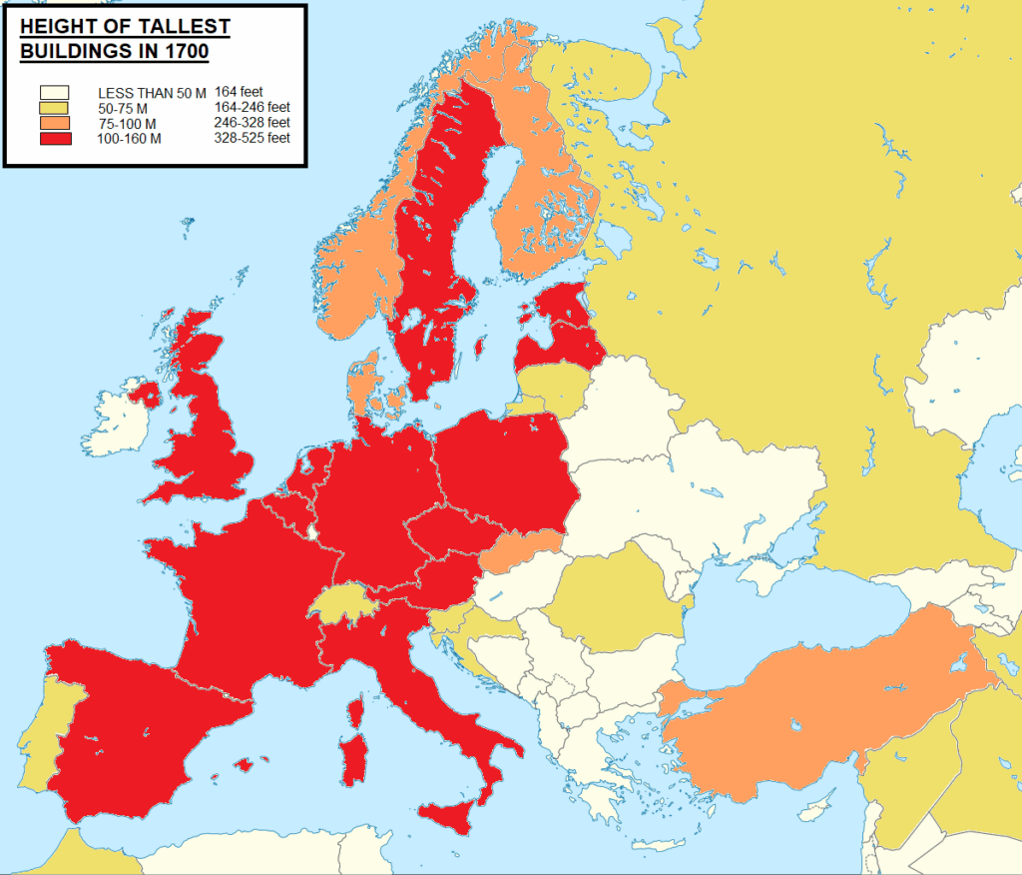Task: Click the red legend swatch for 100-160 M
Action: (x=54, y=139)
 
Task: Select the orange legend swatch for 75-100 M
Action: (x=54, y=123)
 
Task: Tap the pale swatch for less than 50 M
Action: (x=54, y=92)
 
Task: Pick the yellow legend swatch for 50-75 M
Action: (x=54, y=108)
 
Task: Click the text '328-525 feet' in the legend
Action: (x=253, y=138)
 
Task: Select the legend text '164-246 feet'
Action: (x=253, y=107)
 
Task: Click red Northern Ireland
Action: (x=146, y=393)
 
